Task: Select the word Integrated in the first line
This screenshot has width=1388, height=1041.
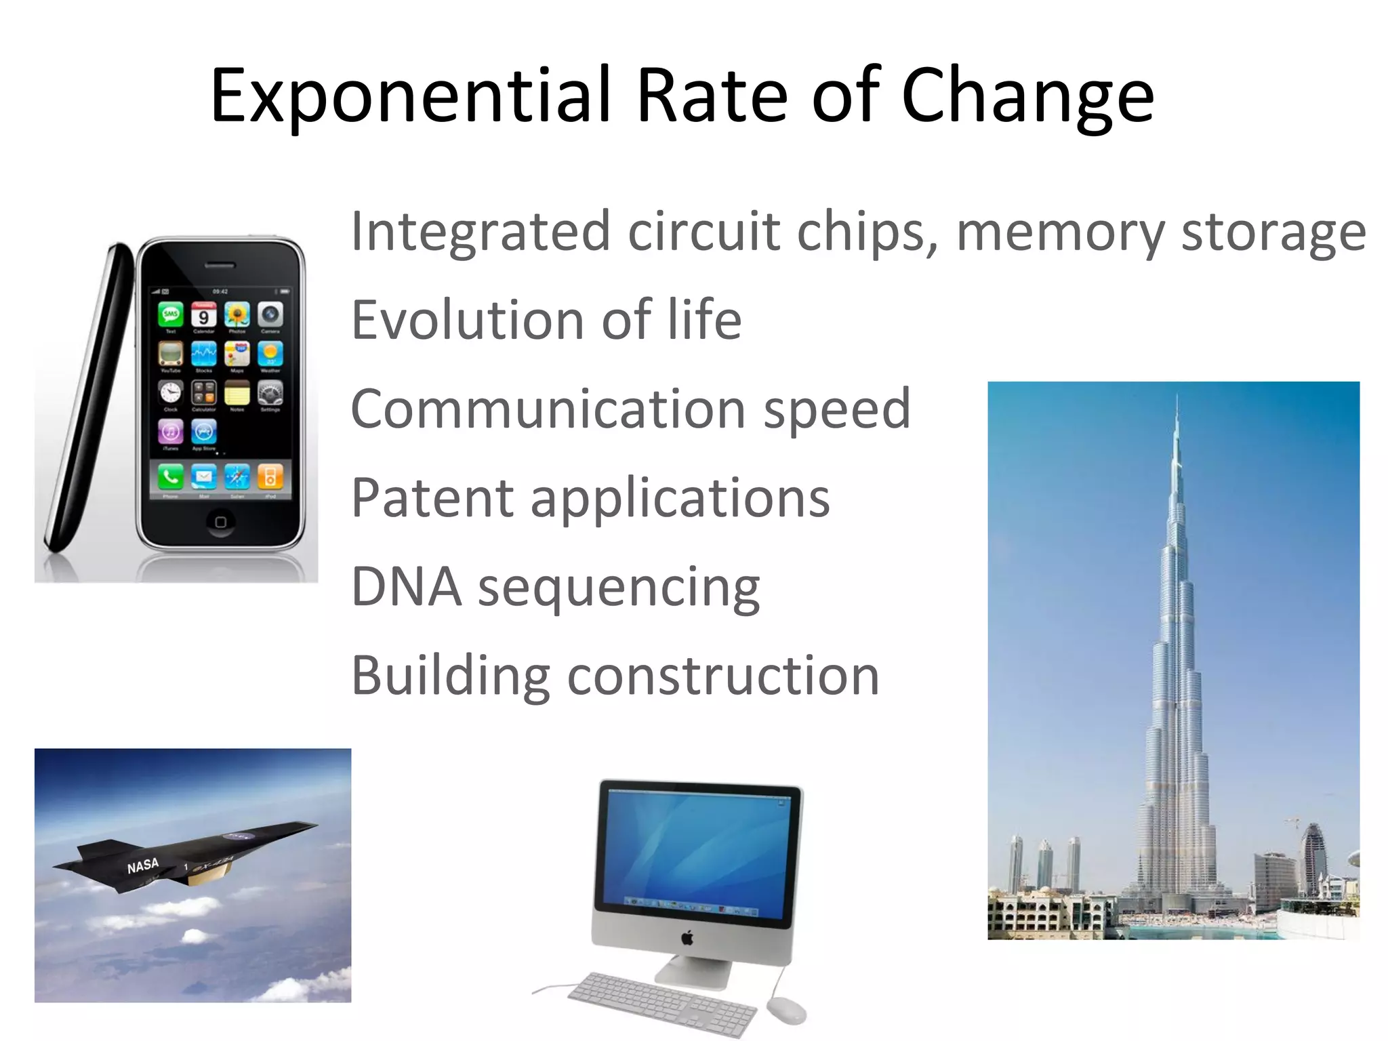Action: click(480, 232)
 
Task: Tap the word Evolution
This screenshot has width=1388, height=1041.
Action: click(467, 320)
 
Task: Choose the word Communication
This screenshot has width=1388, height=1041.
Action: click(548, 409)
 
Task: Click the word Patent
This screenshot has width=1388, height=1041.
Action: click(432, 497)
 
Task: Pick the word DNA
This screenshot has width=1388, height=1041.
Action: click(406, 586)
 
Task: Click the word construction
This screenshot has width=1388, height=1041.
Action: click(723, 676)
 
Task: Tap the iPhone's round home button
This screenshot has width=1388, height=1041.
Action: click(220, 522)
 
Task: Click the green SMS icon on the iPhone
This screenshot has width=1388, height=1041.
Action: click(171, 314)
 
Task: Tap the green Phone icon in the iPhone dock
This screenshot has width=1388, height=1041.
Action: click(171, 477)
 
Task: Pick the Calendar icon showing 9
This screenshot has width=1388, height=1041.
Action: click(203, 315)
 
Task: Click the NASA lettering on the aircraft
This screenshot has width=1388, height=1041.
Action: click(143, 865)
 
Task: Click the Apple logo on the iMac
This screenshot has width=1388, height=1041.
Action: click(687, 938)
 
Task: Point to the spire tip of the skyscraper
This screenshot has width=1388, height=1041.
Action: click(1177, 396)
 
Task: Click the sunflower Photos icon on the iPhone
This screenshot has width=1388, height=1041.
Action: click(237, 314)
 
